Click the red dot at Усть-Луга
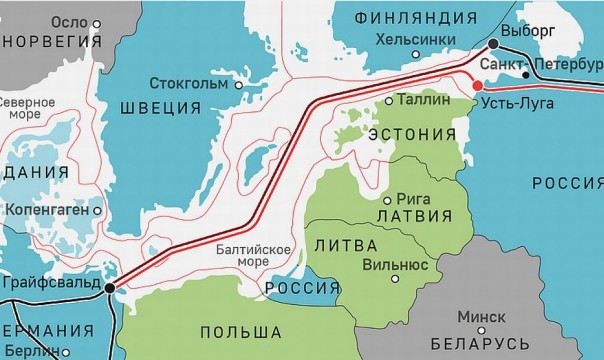[x=477, y=86]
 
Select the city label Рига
[x=413, y=198]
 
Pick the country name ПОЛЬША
[x=239, y=331]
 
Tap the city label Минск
[x=480, y=316]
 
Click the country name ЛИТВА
[x=344, y=245]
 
